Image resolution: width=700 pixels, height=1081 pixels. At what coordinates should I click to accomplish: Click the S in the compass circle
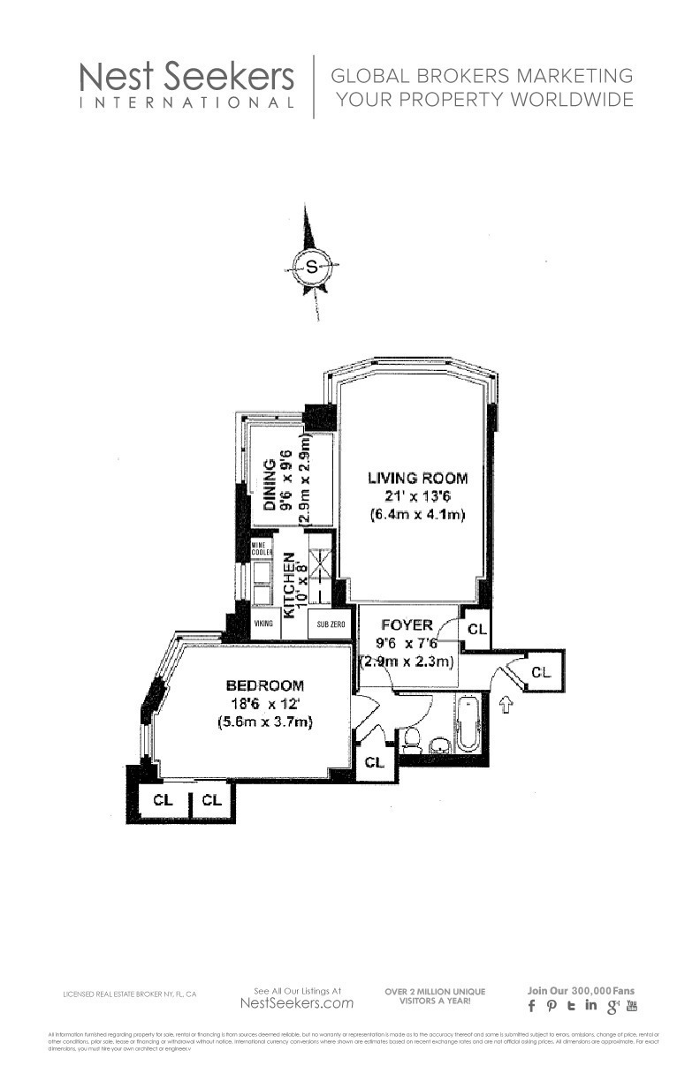coord(310,265)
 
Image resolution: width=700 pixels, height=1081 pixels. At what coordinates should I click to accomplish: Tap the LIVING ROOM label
coord(417,479)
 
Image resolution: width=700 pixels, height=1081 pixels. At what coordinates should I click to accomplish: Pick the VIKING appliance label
coord(263,624)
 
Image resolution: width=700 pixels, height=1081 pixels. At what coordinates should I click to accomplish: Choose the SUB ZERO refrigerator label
coord(331,624)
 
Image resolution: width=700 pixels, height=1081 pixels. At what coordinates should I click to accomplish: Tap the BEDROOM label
coord(265,685)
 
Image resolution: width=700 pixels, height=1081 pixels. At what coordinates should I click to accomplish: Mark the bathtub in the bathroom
coord(468,723)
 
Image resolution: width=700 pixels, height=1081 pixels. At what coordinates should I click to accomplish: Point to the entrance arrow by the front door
coord(506,705)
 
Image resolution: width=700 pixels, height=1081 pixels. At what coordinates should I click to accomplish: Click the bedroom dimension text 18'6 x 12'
coord(265,704)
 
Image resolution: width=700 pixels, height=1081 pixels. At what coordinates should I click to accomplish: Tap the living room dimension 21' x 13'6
coord(417,496)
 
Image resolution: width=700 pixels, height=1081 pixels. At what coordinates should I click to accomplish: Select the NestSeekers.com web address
coord(297,1003)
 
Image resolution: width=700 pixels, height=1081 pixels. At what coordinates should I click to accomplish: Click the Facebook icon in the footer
coord(532,1006)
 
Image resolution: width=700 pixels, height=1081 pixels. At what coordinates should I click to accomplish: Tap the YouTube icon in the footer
coord(631,1005)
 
